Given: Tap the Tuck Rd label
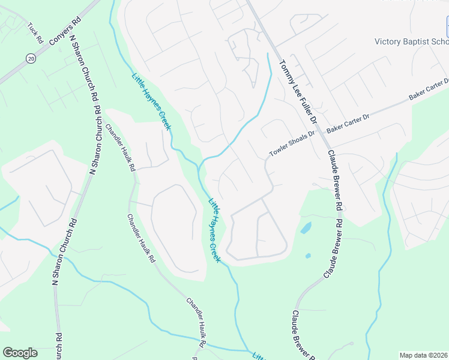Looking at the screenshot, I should pos(35,33).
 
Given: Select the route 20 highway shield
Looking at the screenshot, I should pos(30,58).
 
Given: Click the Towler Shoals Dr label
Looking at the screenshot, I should pos(292,145).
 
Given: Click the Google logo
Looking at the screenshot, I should pos(20,353).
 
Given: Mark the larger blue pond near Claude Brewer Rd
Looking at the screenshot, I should pos(306,228).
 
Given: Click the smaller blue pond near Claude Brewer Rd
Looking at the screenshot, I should pos(308,256).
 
